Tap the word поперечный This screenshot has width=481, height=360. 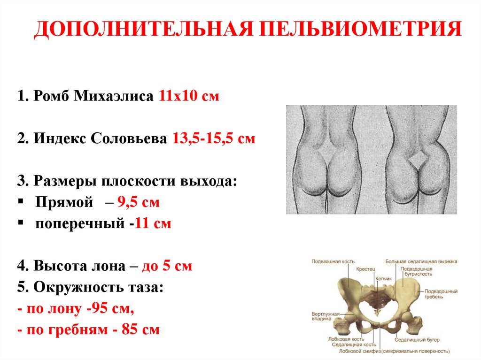[x=79, y=224]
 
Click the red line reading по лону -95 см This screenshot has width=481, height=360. [x=75, y=309]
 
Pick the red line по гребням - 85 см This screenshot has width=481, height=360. [x=88, y=329]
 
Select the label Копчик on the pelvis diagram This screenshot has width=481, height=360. [x=383, y=278]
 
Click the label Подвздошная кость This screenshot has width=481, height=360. [x=333, y=261]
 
